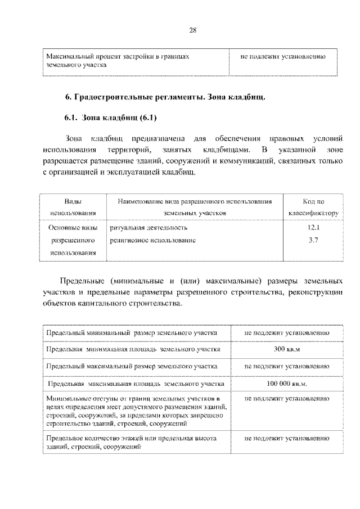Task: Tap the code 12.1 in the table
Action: coord(313,228)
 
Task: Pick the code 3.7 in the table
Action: coord(313,240)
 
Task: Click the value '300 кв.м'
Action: coord(287,349)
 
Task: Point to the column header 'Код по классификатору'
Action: coord(313,208)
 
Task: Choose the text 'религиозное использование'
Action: coord(153,240)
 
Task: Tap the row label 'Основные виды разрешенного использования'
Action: coord(73,241)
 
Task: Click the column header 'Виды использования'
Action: coord(73,208)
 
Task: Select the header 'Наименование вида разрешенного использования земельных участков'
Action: coord(195,208)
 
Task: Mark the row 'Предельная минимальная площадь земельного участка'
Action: coord(134,349)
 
